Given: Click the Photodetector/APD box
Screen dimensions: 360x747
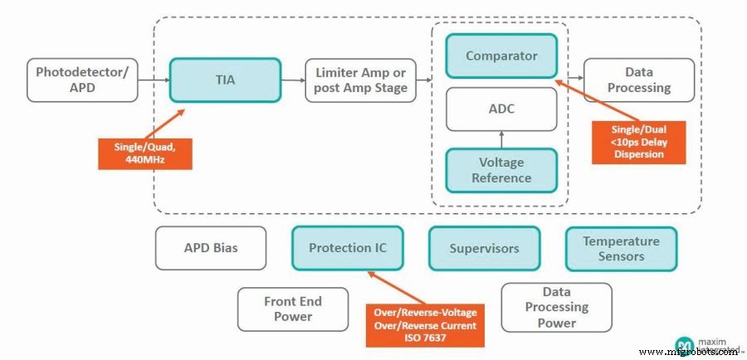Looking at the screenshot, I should coord(82,80).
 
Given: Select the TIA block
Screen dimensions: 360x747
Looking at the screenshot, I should coord(225,80).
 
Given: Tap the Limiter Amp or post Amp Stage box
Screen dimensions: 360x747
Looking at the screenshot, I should coord(361,80).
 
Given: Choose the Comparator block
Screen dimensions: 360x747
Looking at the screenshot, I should coord(500,56).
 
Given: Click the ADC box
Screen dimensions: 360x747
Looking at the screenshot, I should coord(500,108).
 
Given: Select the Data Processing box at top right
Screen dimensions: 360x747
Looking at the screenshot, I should coord(639,80).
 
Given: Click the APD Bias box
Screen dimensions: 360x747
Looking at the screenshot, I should coord(211,248).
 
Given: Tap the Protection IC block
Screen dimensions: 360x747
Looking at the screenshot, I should coord(347,248).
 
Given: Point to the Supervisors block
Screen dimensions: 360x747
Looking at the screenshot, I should coord(484,248).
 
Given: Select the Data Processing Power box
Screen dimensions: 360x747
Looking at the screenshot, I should coord(556,308).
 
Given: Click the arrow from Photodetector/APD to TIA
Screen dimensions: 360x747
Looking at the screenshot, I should coord(153,80).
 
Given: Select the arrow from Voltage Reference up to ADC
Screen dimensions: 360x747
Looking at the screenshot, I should coord(500,139).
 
